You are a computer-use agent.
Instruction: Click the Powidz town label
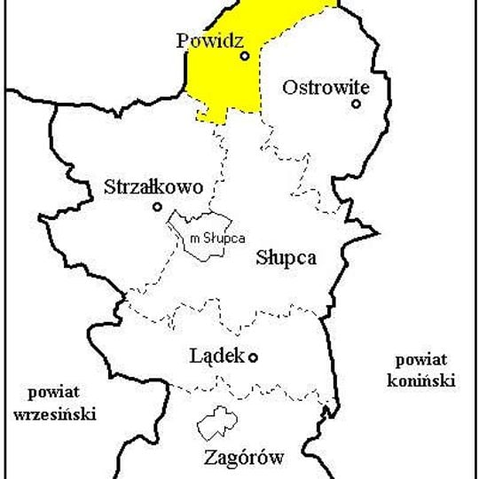(210, 41)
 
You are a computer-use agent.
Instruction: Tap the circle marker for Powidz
(245, 55)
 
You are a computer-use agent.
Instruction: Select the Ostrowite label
(323, 87)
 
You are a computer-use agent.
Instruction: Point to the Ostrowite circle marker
(356, 104)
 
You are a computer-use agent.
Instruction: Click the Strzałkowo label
(153, 187)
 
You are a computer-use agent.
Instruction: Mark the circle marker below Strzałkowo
(157, 207)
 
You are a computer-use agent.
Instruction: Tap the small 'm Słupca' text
(216, 237)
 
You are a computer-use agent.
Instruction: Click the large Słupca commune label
(286, 258)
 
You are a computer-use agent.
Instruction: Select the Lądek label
(218, 357)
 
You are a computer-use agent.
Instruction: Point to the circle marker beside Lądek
(253, 357)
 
